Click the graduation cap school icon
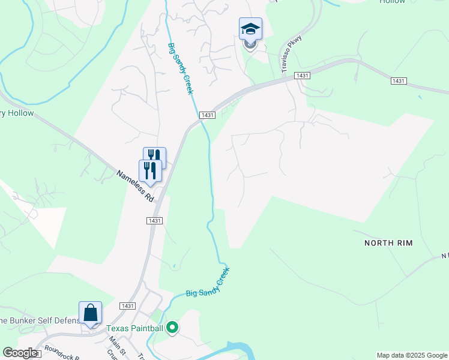[250, 29]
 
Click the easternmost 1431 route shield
[398, 80]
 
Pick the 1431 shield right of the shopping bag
[127, 305]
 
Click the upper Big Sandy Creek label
[180, 68]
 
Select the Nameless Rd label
[136, 186]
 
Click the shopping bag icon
[90, 313]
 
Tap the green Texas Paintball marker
[172, 328]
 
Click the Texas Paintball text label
[136, 328]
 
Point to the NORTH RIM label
[388, 243]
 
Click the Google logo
[20, 353]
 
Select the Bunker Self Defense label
[40, 320]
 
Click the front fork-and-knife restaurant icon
[150, 171]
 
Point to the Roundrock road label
[61, 353]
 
